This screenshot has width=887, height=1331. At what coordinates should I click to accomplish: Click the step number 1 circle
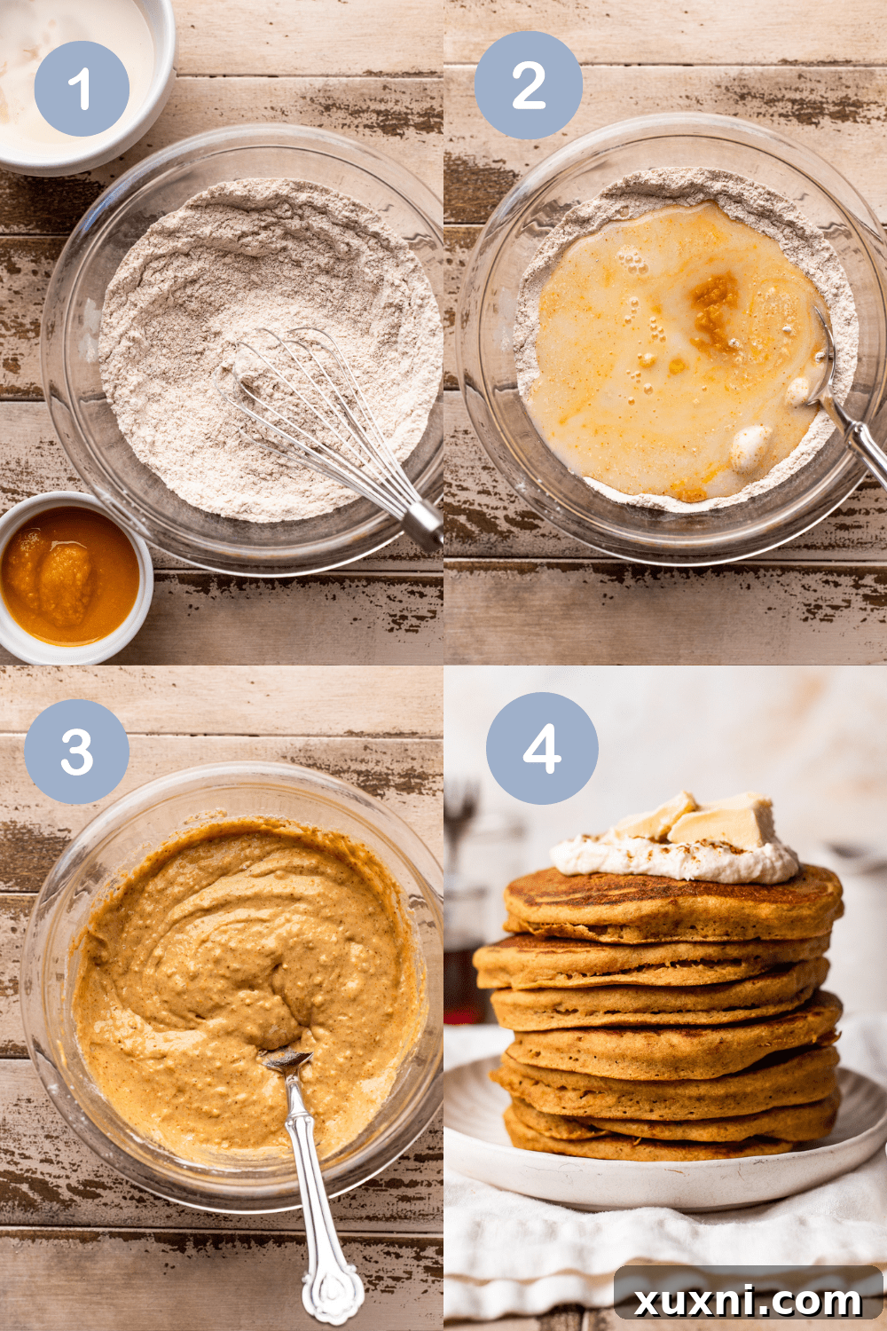82,88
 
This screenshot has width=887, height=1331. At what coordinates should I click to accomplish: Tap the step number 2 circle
529,85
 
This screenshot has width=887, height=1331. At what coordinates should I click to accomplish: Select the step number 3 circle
77,752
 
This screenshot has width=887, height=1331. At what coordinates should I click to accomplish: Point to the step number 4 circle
542,748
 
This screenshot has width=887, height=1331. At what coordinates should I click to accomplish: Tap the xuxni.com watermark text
748,1301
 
